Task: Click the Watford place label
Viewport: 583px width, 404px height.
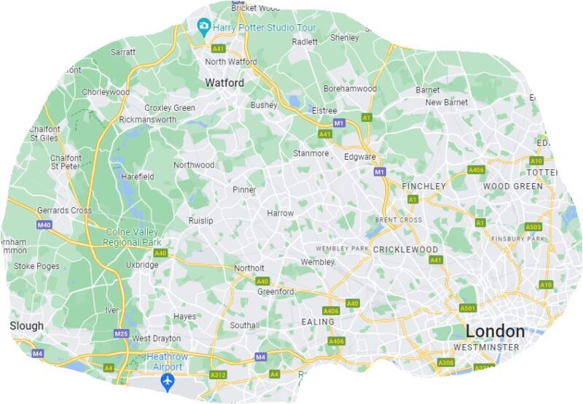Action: [224, 83]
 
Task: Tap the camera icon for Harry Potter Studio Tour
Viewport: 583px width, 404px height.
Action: [205, 27]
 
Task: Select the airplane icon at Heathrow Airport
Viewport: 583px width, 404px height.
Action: [168, 381]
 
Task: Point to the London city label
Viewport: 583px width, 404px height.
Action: [495, 330]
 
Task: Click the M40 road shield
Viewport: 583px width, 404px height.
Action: [44, 225]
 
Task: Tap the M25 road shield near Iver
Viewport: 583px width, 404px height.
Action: [121, 333]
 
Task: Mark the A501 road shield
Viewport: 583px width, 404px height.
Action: [467, 308]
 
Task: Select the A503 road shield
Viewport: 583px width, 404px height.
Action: [533, 227]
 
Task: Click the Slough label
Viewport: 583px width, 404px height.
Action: [27, 326]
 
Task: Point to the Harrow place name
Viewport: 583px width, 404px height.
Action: [281, 214]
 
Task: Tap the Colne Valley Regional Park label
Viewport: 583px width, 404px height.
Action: [131, 237]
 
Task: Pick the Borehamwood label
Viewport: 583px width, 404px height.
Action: [350, 89]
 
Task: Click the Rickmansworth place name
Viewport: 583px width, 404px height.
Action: [147, 119]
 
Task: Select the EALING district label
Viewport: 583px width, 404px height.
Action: [318, 322]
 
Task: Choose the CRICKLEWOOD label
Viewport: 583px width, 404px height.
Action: [405, 249]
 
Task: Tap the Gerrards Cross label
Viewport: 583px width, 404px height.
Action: [64, 211]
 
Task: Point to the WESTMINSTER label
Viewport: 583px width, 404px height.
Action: [486, 347]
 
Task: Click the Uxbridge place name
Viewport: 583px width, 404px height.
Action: [142, 265]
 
